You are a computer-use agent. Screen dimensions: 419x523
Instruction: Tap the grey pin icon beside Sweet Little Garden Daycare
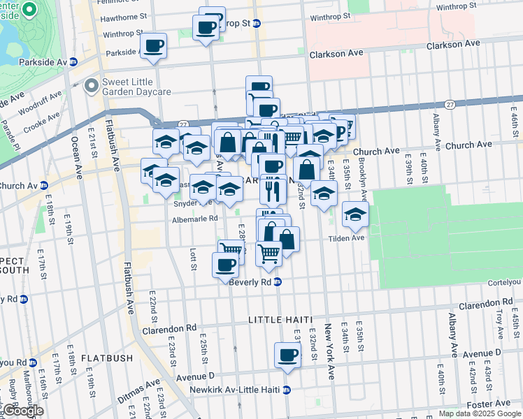(x=90, y=86)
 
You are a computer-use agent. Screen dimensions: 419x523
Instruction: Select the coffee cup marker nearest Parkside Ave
(x=154, y=47)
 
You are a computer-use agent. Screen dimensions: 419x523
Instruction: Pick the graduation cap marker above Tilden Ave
(x=355, y=215)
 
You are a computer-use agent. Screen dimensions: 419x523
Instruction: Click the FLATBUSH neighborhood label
(x=106, y=358)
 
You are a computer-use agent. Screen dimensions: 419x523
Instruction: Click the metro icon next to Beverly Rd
(x=277, y=282)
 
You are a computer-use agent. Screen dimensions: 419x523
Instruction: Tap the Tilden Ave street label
(x=348, y=238)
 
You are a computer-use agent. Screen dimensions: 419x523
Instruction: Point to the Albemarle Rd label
(x=196, y=218)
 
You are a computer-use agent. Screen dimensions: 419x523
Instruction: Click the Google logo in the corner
(x=22, y=411)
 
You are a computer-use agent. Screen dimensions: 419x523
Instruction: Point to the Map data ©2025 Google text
(x=479, y=413)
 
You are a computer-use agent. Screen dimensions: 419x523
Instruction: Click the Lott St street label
(x=193, y=257)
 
